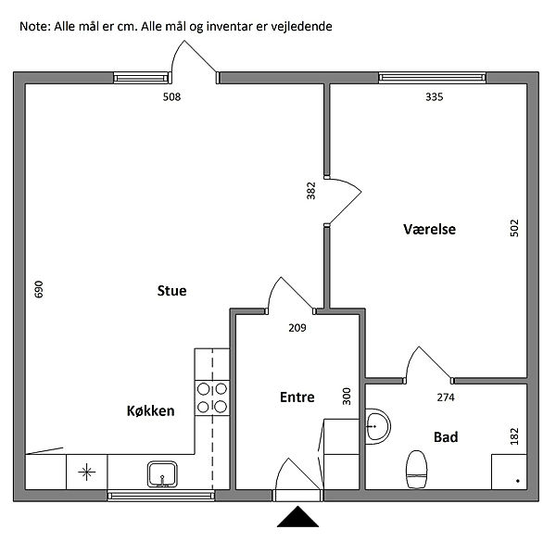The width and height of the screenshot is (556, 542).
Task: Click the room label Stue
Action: tap(171, 291)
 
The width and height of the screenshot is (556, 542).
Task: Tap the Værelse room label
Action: tap(429, 229)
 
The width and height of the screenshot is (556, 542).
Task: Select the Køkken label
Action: tap(150, 410)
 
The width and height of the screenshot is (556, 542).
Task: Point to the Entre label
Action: tap(297, 397)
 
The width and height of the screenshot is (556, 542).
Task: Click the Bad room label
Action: tap(446, 436)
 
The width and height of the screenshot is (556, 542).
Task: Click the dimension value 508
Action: tap(171, 96)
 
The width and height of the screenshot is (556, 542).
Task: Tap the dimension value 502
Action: tap(514, 228)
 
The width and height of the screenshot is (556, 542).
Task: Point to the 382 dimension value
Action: tap(311, 191)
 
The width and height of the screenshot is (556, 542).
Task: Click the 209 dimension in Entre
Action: tap(297, 327)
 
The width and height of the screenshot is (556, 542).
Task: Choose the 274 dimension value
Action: tap(446, 397)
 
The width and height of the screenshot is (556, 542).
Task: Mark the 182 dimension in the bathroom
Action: tap(515, 436)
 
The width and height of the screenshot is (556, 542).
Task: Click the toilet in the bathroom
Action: tap(416, 468)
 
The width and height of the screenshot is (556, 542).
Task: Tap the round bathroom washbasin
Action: tap(377, 426)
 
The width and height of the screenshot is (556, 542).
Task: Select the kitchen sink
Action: tap(162, 474)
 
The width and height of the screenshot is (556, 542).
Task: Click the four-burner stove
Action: tap(212, 397)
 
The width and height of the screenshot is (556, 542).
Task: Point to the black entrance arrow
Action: tap(297, 517)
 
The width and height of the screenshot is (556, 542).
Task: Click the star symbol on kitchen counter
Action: tap(87, 473)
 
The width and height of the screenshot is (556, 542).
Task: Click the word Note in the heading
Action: tap(35, 27)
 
